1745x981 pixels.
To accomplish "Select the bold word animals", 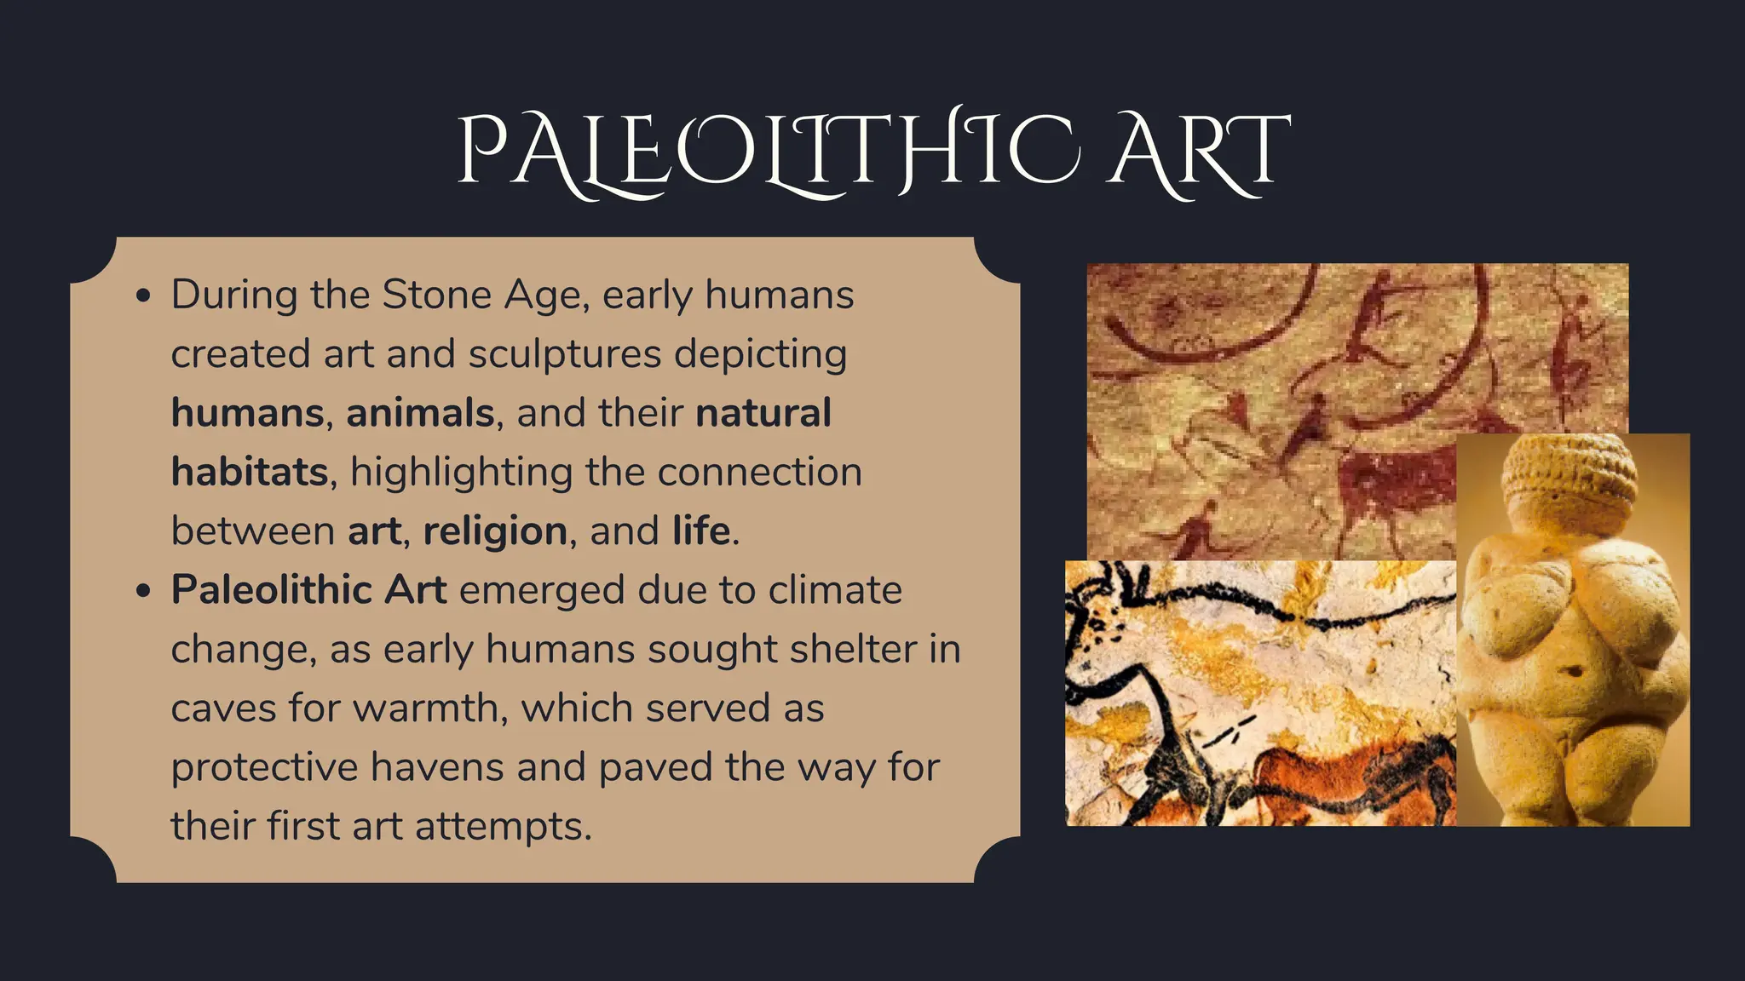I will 420,413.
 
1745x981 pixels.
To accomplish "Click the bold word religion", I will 495,531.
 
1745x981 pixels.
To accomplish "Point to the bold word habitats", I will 249,472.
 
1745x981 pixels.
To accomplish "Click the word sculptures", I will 564,354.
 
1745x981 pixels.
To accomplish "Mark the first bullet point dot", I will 144,295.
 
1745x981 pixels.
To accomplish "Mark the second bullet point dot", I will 144,590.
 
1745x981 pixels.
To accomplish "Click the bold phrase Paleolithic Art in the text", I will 308,590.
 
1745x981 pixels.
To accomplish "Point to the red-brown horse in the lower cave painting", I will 1346,775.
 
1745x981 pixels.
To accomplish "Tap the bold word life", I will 701,531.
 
